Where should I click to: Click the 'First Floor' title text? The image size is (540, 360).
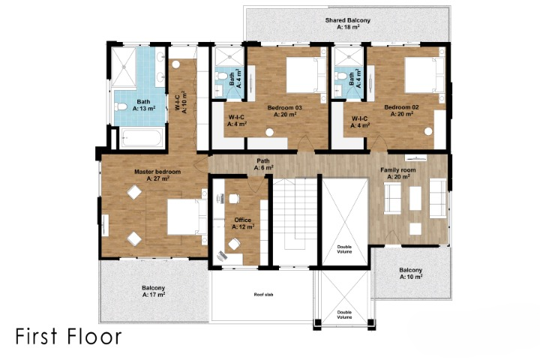(67, 335)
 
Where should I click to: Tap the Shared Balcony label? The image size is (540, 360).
(347, 22)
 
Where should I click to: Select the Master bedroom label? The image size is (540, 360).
(157, 175)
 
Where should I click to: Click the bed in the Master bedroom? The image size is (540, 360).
(182, 218)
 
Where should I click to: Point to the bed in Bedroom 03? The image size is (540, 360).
(303, 74)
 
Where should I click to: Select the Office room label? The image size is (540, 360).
(243, 223)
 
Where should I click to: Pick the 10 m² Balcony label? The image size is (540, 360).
(410, 273)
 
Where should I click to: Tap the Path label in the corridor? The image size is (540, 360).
(263, 163)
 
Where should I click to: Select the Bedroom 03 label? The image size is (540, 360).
(284, 111)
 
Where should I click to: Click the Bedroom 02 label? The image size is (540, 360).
(401, 111)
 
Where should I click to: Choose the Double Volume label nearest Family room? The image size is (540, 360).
(344, 248)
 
